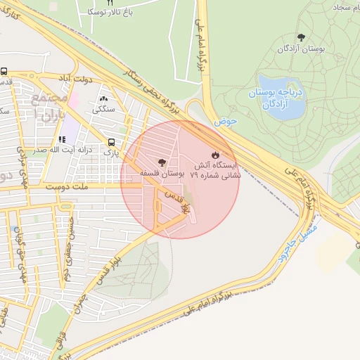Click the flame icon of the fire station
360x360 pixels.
tap(215, 154)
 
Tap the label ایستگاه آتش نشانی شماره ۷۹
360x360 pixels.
tap(216, 169)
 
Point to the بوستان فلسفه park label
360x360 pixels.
tap(162, 172)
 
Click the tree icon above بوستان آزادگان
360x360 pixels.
tap(302, 37)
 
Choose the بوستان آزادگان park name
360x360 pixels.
tap(302, 49)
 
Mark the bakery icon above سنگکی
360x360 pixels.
tap(105, 99)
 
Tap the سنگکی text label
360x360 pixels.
tap(105, 110)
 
